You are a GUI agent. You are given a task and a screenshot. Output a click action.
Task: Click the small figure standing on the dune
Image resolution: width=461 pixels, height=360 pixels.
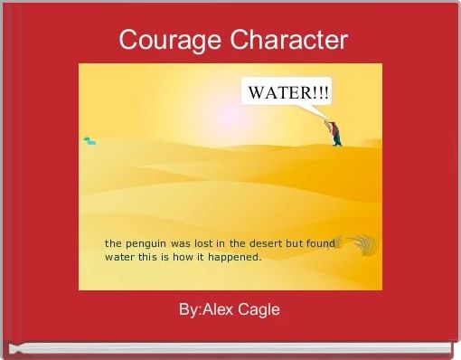coord(335,132)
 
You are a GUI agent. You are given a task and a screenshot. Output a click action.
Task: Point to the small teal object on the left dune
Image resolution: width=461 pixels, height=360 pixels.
coord(89,140)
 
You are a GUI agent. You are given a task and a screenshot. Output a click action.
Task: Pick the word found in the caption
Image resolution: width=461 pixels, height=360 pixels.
coord(320,243)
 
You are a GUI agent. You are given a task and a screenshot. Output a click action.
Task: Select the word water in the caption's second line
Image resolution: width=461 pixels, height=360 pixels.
coord(119,257)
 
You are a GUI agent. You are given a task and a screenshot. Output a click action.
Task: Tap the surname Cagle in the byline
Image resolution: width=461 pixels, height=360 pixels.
coord(259,309)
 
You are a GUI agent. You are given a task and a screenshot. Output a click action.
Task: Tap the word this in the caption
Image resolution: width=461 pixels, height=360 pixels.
coord(148,257)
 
